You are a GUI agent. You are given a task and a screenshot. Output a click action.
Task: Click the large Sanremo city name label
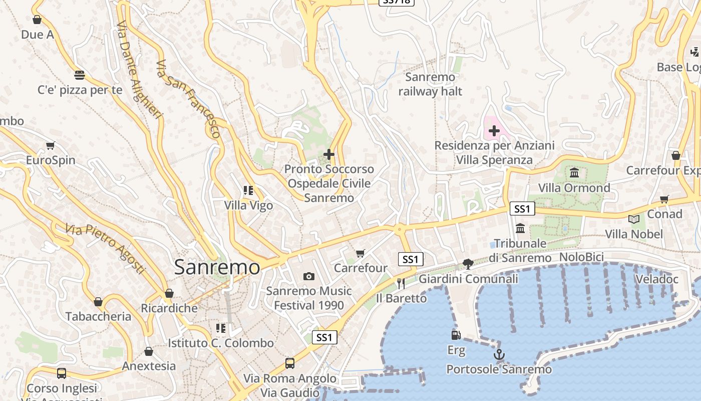tap(217, 267)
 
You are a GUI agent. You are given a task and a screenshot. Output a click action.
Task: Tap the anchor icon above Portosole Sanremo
tap(499, 355)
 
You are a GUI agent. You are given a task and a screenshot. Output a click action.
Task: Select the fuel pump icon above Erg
tap(456, 335)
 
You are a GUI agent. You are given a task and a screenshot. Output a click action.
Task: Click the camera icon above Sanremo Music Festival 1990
tap(308, 276)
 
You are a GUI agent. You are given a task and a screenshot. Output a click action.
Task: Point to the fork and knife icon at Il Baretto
tap(401, 284)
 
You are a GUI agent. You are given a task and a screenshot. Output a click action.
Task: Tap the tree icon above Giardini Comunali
tap(468, 264)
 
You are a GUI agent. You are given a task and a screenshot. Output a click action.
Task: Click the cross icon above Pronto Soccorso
tap(328, 154)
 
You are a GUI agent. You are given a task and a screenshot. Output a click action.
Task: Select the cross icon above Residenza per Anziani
tap(494, 131)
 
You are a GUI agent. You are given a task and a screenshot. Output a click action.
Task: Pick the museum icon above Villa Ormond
tap(574, 173)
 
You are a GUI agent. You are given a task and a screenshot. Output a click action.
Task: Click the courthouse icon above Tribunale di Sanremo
tap(520, 229)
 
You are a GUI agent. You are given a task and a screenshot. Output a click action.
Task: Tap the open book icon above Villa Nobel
tap(633, 219)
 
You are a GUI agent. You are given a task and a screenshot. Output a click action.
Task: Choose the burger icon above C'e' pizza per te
tap(80, 75)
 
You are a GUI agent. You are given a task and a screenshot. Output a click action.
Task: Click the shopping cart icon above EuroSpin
tap(50, 146)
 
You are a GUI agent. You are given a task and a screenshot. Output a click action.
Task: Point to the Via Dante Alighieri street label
tap(139, 70)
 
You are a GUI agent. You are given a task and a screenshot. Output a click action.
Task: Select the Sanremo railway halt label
tap(430, 84)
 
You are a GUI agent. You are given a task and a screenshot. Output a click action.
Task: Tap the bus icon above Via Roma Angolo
tap(289, 363)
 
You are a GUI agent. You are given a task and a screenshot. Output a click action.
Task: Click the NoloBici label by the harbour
tap(581, 257)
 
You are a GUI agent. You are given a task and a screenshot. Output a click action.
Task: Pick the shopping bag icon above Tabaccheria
tap(98, 302)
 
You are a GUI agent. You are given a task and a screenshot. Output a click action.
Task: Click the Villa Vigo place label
tap(248, 206)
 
